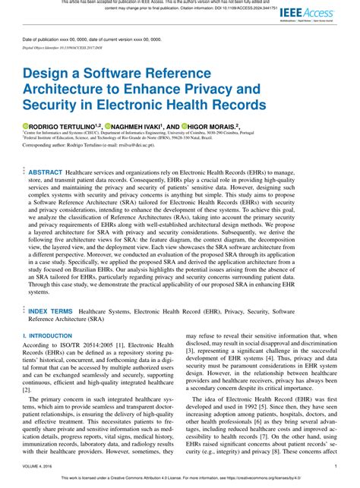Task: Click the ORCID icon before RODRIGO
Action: click(x=24, y=125)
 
